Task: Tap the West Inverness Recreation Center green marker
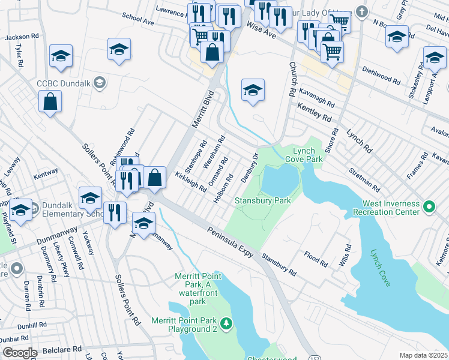[x=429, y=208]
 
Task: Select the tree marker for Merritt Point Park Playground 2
[x=226, y=325]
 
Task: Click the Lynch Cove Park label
[x=307, y=155]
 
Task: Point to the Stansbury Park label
[x=262, y=200]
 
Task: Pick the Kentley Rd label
[x=314, y=112]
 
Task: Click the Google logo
[x=19, y=353]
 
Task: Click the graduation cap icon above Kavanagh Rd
[x=253, y=91]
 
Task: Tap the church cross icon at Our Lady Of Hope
[x=361, y=11]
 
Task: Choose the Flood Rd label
[x=316, y=259]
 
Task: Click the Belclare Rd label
[x=59, y=349]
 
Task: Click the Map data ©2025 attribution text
[x=424, y=355]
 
